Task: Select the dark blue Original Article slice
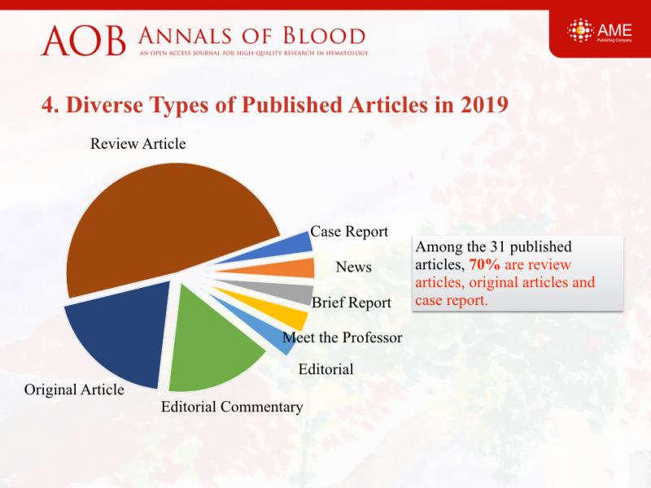click(x=120, y=332)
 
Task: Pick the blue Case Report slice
click(x=286, y=248)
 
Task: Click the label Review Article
click(x=138, y=144)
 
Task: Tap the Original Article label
click(x=74, y=390)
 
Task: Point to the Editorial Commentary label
click(x=232, y=407)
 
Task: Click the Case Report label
click(x=349, y=232)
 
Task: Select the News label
click(x=353, y=267)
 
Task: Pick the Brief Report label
click(x=352, y=303)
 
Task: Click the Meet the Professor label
click(x=343, y=338)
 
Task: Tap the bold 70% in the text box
click(x=484, y=264)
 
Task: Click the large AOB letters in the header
click(x=84, y=41)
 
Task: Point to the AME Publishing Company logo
click(x=600, y=31)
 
